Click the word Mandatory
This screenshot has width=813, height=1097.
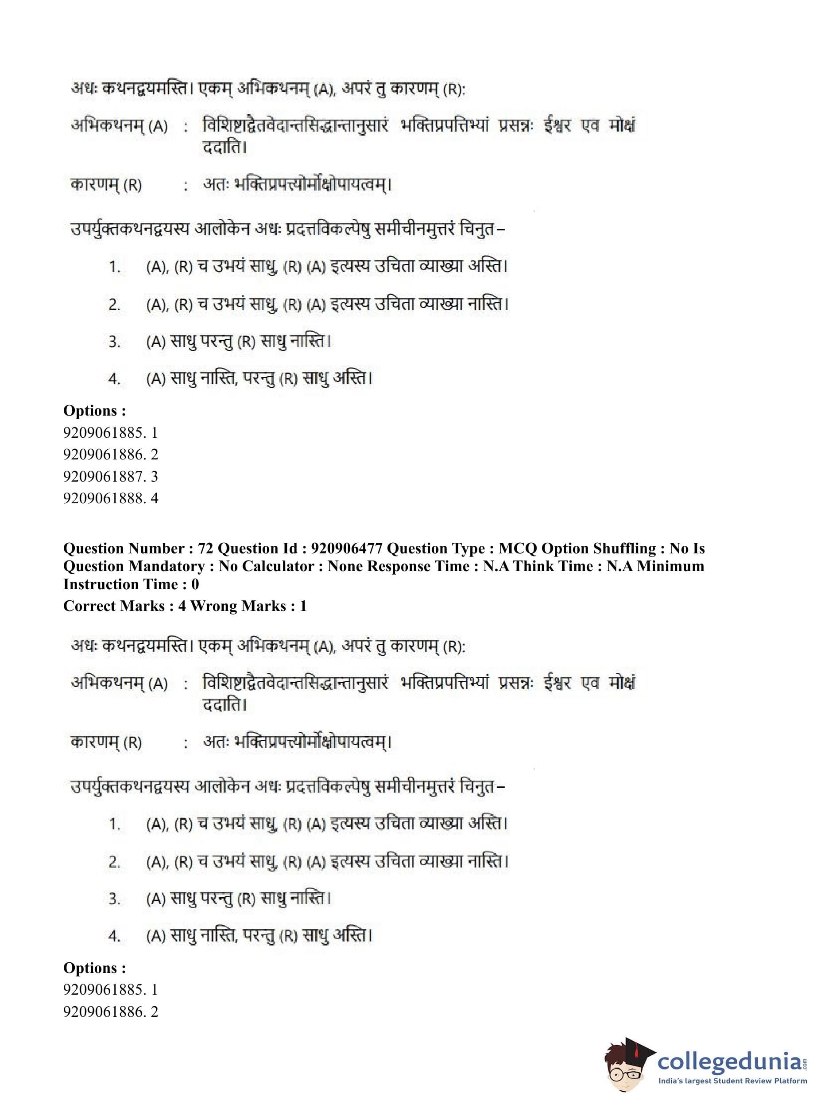pos(166,566)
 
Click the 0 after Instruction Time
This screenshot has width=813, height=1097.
pos(195,584)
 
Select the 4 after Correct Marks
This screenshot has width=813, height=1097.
pos(182,606)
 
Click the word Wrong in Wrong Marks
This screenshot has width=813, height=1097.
pos(211,606)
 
